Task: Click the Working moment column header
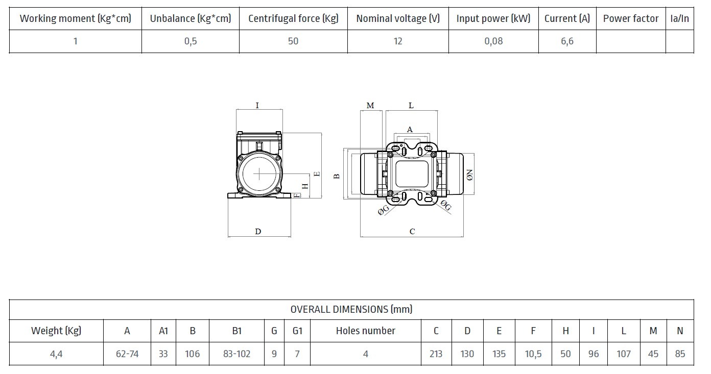75,19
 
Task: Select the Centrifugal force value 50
293,41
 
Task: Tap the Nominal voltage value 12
398,41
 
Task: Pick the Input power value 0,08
493,41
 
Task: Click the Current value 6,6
567,41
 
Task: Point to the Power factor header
631,19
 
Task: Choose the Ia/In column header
679,19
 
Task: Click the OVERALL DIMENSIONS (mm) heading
351,309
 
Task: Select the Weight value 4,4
56,354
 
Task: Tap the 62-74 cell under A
127,354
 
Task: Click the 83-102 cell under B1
237,354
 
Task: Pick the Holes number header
366,331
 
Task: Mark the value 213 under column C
436,354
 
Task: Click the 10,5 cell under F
533,354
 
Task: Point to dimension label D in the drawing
258,231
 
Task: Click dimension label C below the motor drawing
412,231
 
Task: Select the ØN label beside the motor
470,176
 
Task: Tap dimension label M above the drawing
370,105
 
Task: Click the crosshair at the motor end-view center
259,174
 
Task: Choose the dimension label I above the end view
257,105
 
